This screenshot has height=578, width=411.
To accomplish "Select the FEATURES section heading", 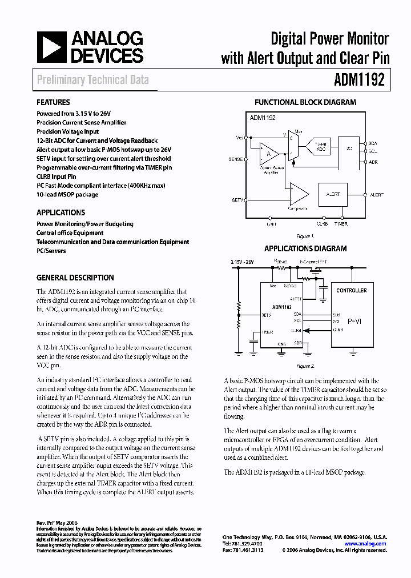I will click(53, 103).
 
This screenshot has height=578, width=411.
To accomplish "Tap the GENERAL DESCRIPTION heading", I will click(75, 278).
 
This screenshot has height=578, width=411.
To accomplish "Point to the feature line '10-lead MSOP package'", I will click(67, 195).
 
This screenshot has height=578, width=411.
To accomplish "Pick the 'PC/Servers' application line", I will click(51, 251).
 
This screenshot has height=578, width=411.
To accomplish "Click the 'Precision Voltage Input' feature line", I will click(67, 131).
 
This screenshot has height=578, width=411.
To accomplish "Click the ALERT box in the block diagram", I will click(333, 195).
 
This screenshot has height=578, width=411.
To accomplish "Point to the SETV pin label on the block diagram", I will click(238, 200).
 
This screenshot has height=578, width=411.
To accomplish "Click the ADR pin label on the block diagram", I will click(373, 162).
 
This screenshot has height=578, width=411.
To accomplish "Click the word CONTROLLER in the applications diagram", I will click(352, 291).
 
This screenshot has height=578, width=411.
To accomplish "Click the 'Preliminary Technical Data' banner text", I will click(92, 80).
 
